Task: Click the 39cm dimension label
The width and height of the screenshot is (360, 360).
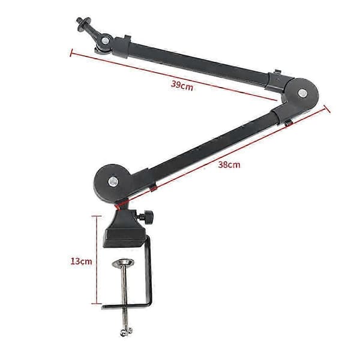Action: (182, 86)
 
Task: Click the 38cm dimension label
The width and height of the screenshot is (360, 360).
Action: (229, 164)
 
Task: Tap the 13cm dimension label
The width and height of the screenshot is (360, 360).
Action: (81, 261)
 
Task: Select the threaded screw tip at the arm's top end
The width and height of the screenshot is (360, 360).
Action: (79, 21)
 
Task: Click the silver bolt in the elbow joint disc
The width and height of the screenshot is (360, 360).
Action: (302, 93)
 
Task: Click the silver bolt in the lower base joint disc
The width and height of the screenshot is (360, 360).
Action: (113, 182)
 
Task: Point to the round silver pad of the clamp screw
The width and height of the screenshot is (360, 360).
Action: (123, 262)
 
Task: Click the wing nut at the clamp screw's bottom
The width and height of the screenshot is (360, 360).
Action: (126, 332)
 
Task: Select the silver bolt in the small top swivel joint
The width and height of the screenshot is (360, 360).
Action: (106, 41)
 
